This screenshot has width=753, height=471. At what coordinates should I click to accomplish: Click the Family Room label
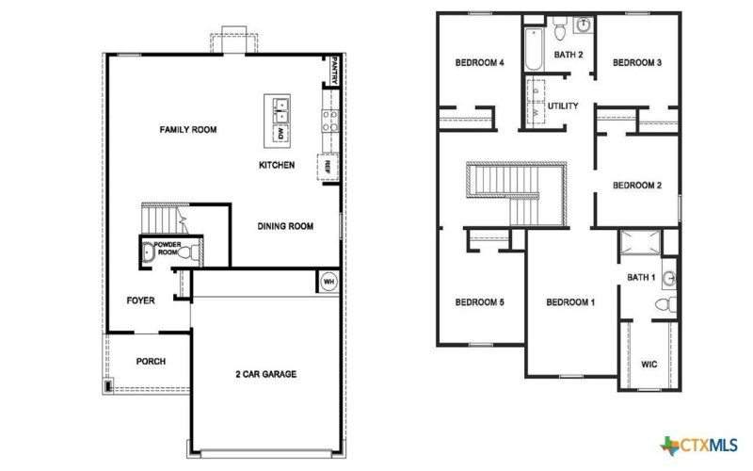coord(188,129)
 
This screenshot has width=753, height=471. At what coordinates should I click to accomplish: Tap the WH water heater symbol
coord(328,281)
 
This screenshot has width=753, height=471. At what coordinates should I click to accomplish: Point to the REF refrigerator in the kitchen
coord(328,166)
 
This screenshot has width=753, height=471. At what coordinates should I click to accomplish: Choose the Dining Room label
coord(285,226)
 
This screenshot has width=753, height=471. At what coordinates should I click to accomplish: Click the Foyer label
coord(140,300)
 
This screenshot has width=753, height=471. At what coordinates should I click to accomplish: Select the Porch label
coord(151,361)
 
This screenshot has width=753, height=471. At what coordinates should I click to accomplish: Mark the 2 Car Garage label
coord(265,374)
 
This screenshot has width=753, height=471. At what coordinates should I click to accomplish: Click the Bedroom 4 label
coord(480,63)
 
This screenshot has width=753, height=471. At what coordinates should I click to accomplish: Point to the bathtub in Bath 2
coord(533,52)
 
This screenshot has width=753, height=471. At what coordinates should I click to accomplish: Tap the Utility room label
coord(563,106)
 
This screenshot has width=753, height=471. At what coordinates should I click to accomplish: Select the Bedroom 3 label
coord(637,63)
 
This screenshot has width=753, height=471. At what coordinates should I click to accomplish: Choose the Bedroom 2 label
coord(637,186)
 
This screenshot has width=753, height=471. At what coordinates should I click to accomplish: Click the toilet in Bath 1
coord(665,304)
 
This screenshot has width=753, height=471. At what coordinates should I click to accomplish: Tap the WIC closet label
coord(649,363)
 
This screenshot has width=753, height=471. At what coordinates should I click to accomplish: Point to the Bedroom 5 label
coord(480,302)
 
